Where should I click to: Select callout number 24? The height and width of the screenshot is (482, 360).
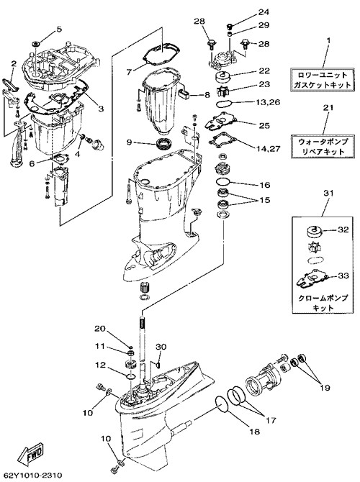(x=264, y=12)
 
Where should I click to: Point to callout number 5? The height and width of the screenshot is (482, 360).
(x=59, y=29)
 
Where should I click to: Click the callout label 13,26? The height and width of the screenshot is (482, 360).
(x=268, y=102)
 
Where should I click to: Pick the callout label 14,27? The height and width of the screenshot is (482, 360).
(x=269, y=149)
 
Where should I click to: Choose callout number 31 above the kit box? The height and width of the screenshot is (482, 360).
(x=328, y=194)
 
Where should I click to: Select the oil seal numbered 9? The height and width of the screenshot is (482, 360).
(x=165, y=144)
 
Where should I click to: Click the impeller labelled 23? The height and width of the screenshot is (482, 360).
(x=222, y=91)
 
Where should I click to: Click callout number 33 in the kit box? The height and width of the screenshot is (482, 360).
(x=343, y=276)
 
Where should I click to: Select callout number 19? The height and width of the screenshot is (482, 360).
(x=325, y=387)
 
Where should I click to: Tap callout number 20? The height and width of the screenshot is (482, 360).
(x=99, y=329)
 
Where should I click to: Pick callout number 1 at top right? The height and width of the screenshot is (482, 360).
(x=328, y=40)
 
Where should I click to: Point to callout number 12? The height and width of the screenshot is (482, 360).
(x=100, y=365)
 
